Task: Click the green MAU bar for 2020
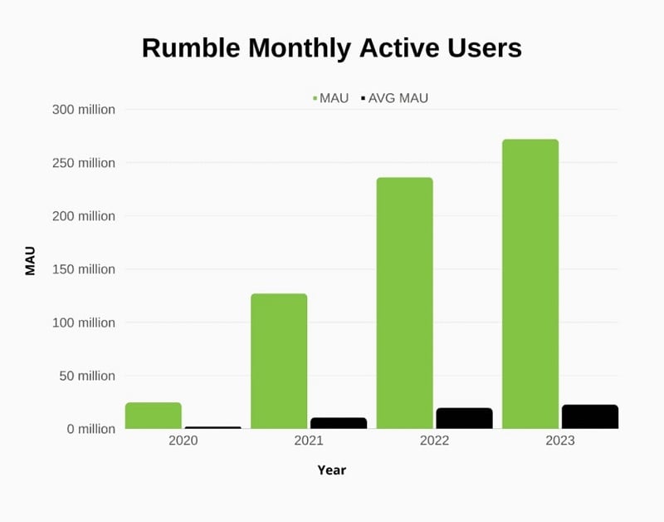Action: pyautogui.click(x=154, y=416)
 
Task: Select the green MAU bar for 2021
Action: pyautogui.click(x=279, y=362)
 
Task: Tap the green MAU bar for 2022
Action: pyautogui.click(x=404, y=303)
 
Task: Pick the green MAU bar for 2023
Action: pyautogui.click(x=530, y=284)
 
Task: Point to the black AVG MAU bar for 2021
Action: pyautogui.click(x=339, y=423)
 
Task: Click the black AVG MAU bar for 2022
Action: pyautogui.click(x=464, y=418)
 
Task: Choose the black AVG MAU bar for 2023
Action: pyautogui.click(x=590, y=416)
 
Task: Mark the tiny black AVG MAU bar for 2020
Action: pyautogui.click(x=212, y=427)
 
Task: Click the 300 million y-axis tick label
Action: pyautogui.click(x=84, y=110)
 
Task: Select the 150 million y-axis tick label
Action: pyautogui.click(x=84, y=269)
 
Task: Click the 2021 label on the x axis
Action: pyautogui.click(x=309, y=441)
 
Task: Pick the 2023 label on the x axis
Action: pyautogui.click(x=560, y=441)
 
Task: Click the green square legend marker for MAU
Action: pyautogui.click(x=315, y=98)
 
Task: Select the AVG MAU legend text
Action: pyautogui.click(x=398, y=98)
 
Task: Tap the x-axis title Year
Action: pyautogui.click(x=331, y=470)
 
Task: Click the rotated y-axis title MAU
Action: pyautogui.click(x=31, y=261)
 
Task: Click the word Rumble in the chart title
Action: pyautogui.click(x=183, y=48)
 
